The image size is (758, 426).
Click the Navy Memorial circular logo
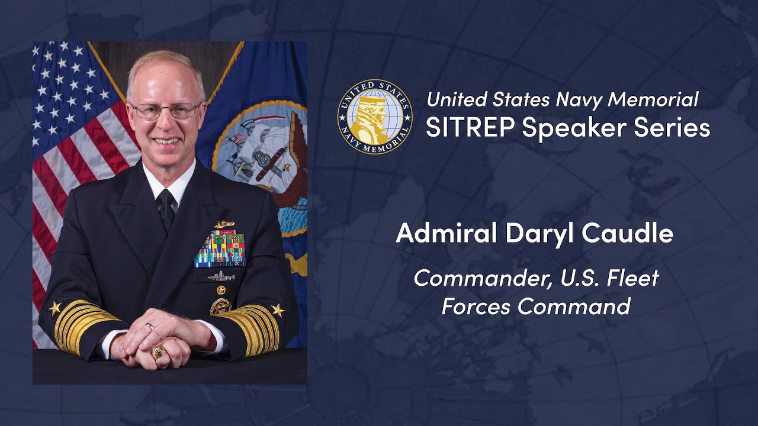375,117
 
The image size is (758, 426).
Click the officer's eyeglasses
165,110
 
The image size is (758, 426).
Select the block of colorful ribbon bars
219,248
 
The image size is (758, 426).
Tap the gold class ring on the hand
158,352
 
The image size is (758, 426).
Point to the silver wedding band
150,327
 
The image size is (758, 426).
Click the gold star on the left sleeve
55,308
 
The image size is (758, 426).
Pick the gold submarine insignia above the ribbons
224,224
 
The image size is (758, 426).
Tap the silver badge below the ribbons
221,276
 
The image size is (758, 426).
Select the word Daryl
540,234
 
